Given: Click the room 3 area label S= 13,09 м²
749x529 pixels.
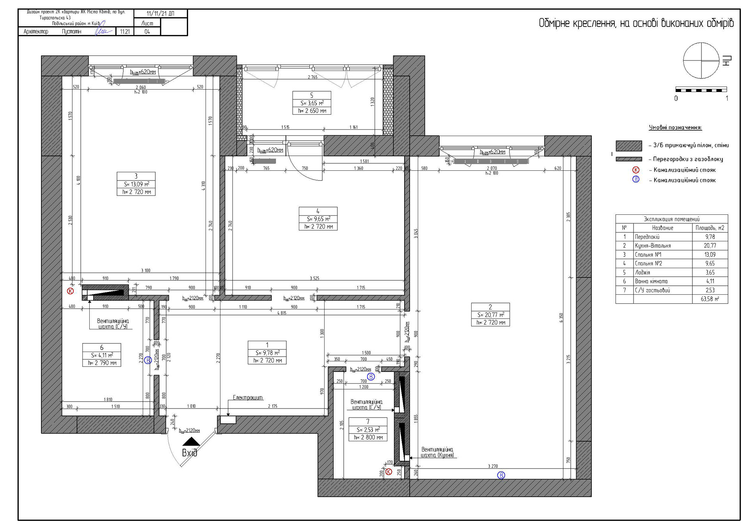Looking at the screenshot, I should pos(136,184).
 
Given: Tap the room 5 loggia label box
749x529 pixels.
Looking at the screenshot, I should pos(312,103).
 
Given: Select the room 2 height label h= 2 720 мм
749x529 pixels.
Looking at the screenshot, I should pos(490,322).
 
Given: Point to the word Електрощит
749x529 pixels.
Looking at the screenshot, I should pos(248,398).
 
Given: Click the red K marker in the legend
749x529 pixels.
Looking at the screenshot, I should pos(636,170).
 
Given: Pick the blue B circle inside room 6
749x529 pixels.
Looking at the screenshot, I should pos(148,360).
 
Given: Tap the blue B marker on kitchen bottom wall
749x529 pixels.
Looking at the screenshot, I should pos(501,475).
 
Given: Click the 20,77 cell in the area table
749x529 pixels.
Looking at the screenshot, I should pos(710,246).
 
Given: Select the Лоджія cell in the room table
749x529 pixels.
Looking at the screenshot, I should pos(662,272).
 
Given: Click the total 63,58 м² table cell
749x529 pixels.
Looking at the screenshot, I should pos(710,299).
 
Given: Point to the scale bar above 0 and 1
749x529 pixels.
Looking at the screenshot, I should pos(701,90).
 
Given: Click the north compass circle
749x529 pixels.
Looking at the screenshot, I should pos(701,61).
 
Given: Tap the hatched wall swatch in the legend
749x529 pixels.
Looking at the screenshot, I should pos(629,146).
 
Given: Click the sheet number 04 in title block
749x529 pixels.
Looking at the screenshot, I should pos(147,32).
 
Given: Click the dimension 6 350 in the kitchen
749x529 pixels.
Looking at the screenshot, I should pos(561,318).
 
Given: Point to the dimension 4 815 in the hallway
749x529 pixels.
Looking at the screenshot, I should pos(282,313).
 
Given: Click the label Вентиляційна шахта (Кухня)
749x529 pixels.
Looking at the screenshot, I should pos(437,452).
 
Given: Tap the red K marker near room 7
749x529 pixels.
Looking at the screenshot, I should pos(389,472).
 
